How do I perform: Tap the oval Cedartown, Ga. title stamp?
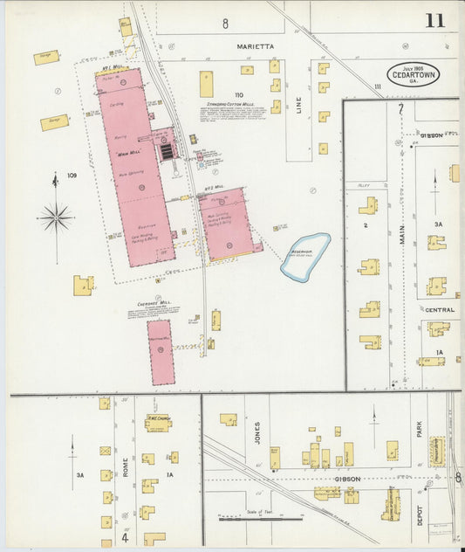pyautogui.click(x=414, y=73)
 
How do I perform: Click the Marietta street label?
pyautogui.click(x=255, y=45)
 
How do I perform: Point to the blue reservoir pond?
pyautogui.click(x=305, y=255)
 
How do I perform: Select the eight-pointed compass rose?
pyautogui.click(x=56, y=217)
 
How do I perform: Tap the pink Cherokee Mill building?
pyautogui.click(x=161, y=352)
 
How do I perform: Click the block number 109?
pyautogui.click(x=72, y=176)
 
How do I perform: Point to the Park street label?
pyautogui.click(x=420, y=430)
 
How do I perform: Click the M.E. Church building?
pyautogui.click(x=158, y=422)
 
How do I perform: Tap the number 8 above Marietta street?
pyautogui.click(x=225, y=23)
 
